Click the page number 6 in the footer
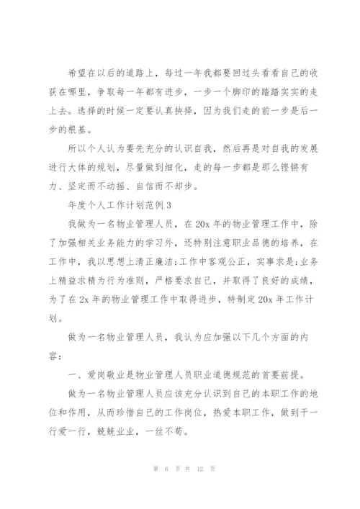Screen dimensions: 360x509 (155, 490)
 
